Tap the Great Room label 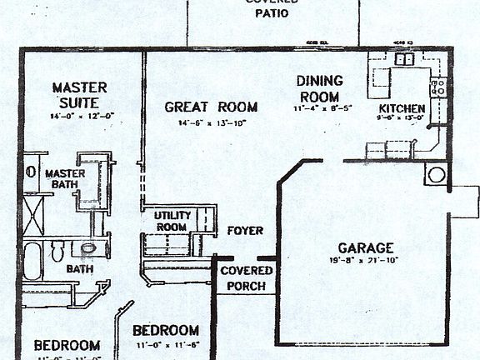coord(211,107)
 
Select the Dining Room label coord(319,87)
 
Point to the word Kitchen coord(402,108)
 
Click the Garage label coord(366,247)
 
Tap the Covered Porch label coord(246,278)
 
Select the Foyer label coord(245,231)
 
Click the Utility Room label coord(172,221)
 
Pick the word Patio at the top coord(272,13)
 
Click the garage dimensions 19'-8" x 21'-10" coord(366,261)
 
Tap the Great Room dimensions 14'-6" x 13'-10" coord(211,122)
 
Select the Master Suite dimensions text coord(80,116)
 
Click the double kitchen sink coord(405,59)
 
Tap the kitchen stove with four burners coord(439,86)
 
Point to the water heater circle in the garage coord(436,174)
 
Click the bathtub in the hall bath coord(32,260)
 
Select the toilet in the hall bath coord(57,250)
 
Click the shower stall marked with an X coord(33,216)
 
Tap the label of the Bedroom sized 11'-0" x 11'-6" coord(166,330)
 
